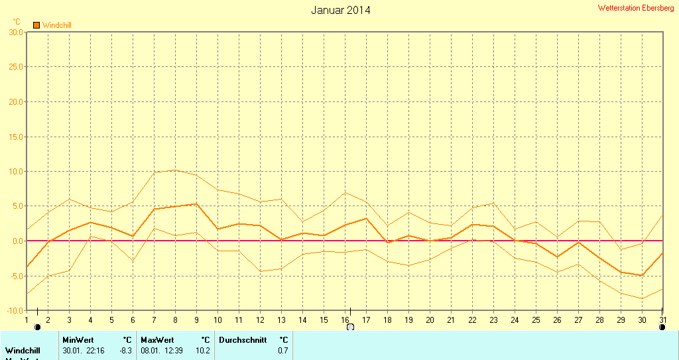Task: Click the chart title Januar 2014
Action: [341, 10]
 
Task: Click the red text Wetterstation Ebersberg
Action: [635, 8]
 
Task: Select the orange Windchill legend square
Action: [37, 25]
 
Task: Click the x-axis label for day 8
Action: [175, 320]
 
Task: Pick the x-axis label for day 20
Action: [430, 320]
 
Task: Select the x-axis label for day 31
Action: [662, 320]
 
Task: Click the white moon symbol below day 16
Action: [350, 327]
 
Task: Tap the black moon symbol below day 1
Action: [37, 327]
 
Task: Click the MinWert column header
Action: [78, 340]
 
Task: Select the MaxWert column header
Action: [156, 340]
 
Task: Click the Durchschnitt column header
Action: [243, 340]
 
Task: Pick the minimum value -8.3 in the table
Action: [125, 350]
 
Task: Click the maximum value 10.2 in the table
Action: [203, 350]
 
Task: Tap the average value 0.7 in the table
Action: [283, 350]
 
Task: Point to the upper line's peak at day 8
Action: [175, 170]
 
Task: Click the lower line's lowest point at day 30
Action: [642, 298]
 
